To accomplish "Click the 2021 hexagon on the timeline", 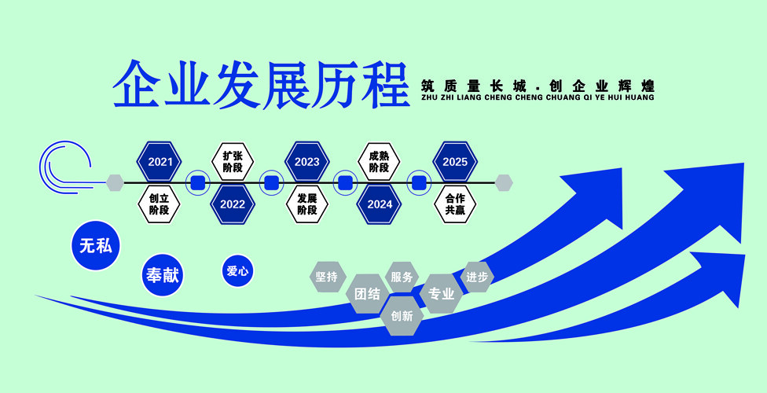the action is tap(159, 161).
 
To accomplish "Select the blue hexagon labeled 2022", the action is tap(233, 204).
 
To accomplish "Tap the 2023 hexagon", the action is tap(306, 161).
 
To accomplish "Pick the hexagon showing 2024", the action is tap(379, 204).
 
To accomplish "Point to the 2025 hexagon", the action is tap(455, 161).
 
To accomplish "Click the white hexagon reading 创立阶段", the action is tap(159, 204).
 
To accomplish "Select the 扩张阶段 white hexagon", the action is tap(233, 161).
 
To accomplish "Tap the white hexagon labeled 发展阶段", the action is tap(306, 204).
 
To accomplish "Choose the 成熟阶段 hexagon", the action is tap(379, 161).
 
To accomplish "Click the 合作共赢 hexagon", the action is tap(455, 204).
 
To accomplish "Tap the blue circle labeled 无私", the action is tap(96, 245).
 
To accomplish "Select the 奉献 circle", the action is tap(163, 275).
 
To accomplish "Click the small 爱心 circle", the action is tap(238, 270).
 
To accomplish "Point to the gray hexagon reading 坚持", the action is tap(327, 277).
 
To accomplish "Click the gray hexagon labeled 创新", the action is tap(402, 316).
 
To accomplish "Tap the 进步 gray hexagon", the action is tap(477, 277).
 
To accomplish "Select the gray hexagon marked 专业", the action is tap(441, 294).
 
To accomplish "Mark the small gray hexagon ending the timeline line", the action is tap(503, 182).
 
